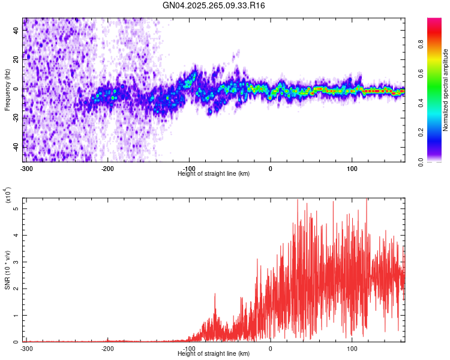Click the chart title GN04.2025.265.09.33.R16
(214, 5)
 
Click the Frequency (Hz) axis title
(7, 89)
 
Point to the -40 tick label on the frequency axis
(16, 148)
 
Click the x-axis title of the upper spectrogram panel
(214, 173)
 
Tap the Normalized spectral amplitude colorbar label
(445, 91)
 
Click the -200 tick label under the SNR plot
(107, 348)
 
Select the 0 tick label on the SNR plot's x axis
(271, 348)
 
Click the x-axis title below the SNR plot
(214, 353)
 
